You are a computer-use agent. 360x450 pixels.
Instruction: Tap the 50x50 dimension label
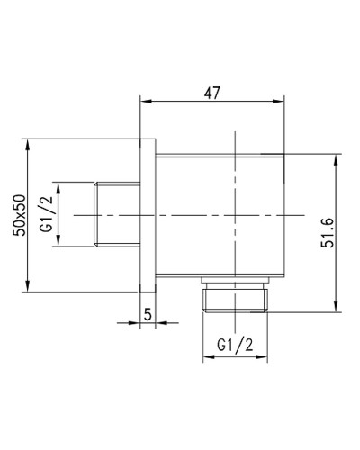tap(20, 215)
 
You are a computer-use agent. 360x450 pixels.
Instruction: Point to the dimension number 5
tap(149, 314)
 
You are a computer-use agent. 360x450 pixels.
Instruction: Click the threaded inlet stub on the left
tap(117, 215)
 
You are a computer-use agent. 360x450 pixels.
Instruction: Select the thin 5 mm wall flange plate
tap(150, 215)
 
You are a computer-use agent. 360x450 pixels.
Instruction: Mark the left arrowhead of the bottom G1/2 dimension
tap(206, 356)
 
